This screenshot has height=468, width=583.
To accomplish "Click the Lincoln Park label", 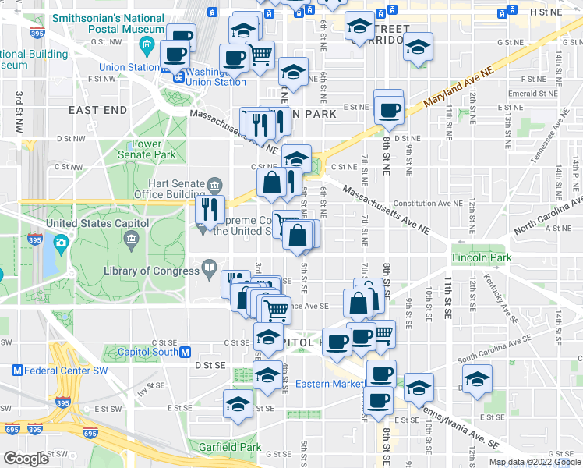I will click(481, 257).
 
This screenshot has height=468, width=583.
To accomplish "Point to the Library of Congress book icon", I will click(209, 270).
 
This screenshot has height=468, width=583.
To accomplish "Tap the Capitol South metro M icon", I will click(185, 352).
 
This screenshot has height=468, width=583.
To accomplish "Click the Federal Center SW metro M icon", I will click(16, 369).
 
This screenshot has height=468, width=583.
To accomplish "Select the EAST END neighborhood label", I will click(97, 111).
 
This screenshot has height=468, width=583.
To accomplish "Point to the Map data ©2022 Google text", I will click(534, 462).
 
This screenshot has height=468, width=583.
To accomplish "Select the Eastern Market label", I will click(329, 384).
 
